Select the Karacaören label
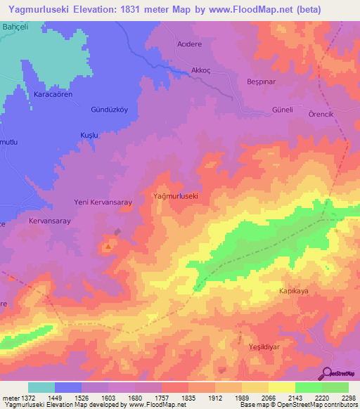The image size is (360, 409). point(53,93)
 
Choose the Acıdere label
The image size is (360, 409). point(188,43)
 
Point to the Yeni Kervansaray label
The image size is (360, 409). point(103,202)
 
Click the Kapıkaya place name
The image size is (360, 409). point(295,290)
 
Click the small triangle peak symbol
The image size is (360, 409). point(108,247)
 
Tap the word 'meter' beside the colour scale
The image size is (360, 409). point(11,398)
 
